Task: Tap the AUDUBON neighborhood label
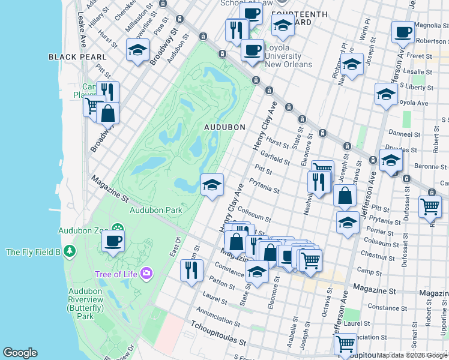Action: pyautogui.click(x=224, y=127)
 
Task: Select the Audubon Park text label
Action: pyautogui.click(x=156, y=210)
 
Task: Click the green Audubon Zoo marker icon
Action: pyautogui.click(x=117, y=230)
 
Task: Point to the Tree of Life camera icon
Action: pyautogui.click(x=146, y=274)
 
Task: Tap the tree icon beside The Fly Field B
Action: pyautogui.click(x=70, y=251)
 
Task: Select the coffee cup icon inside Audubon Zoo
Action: pyautogui.click(x=112, y=242)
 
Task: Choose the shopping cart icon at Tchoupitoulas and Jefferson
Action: pyautogui.click(x=345, y=344)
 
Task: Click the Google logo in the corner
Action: pyautogui.click(x=20, y=353)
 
